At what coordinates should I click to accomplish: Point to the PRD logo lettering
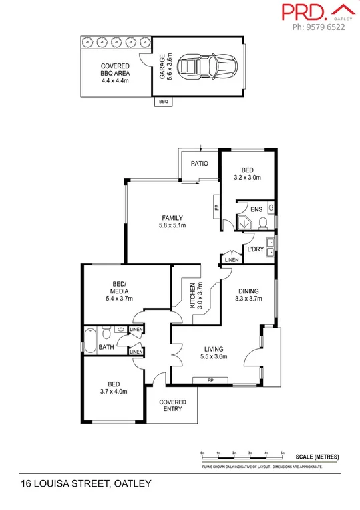pos(304,12)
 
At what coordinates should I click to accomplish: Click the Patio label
pos(200,164)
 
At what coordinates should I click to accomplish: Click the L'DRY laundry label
pos(256,249)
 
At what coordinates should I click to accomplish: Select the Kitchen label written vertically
pos(192,294)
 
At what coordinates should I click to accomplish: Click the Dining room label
pos(248,291)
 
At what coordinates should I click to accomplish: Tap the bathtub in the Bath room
pos(89,340)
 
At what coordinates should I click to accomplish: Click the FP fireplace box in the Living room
pos(212,380)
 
